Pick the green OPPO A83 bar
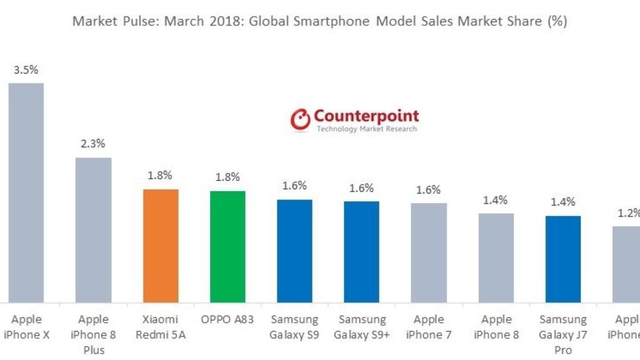tap(227, 247)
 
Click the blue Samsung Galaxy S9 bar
tap(294, 251)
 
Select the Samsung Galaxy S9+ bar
tap(361, 252)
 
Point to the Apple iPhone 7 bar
tap(429, 252)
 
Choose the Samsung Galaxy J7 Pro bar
tap(562, 259)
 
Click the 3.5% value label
tap(26, 70)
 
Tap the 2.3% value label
tap(93, 144)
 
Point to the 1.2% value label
tap(628, 212)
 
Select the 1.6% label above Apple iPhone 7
tap(429, 190)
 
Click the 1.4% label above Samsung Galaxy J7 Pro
tap(562, 202)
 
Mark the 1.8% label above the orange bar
tap(160, 176)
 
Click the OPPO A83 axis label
tap(227, 319)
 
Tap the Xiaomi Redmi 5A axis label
tap(161, 327)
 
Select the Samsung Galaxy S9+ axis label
tap(361, 327)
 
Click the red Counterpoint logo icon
tap(300, 119)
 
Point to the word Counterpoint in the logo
tap(366, 116)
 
